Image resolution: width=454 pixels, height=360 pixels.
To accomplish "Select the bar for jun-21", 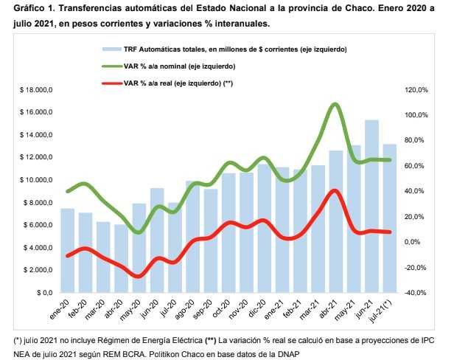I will tap(371, 207).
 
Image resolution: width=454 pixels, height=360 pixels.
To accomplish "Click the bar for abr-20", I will tap(121, 258).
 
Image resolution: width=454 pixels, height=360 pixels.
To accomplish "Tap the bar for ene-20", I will tap(67, 251).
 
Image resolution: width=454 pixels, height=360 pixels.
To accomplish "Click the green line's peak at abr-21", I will tap(335, 104).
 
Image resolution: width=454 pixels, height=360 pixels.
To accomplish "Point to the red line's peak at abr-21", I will tap(335, 190).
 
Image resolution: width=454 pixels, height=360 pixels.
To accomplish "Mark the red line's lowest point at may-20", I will tap(139, 277).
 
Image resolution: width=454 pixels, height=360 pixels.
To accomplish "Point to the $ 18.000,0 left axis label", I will tap(35, 90).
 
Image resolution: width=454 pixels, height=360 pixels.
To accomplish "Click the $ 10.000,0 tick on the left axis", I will tap(35, 180).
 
